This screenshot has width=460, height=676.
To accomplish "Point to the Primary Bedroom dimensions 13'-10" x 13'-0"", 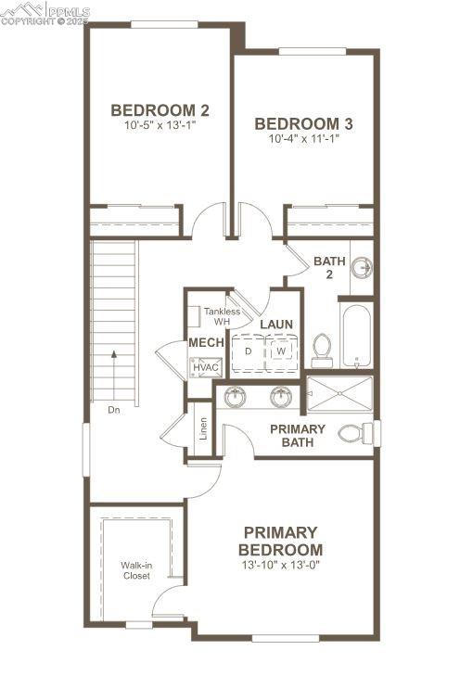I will [x=280, y=565].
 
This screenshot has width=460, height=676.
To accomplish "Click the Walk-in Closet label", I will [x=135, y=569].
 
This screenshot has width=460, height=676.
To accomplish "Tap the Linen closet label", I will [x=203, y=429].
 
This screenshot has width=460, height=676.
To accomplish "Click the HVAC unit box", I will [x=205, y=367].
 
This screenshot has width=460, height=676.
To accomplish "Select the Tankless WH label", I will [x=222, y=316].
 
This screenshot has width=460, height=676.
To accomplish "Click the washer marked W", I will [x=279, y=351].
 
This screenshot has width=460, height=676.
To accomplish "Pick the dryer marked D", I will [x=248, y=351].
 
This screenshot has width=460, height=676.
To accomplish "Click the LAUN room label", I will [x=276, y=325].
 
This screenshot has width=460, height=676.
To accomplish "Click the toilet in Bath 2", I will [x=323, y=349].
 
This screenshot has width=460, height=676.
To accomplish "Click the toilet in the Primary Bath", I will [x=353, y=433].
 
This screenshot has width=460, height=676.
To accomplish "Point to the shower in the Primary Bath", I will [x=339, y=392].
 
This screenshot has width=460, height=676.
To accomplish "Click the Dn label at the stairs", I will [x=113, y=409].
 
